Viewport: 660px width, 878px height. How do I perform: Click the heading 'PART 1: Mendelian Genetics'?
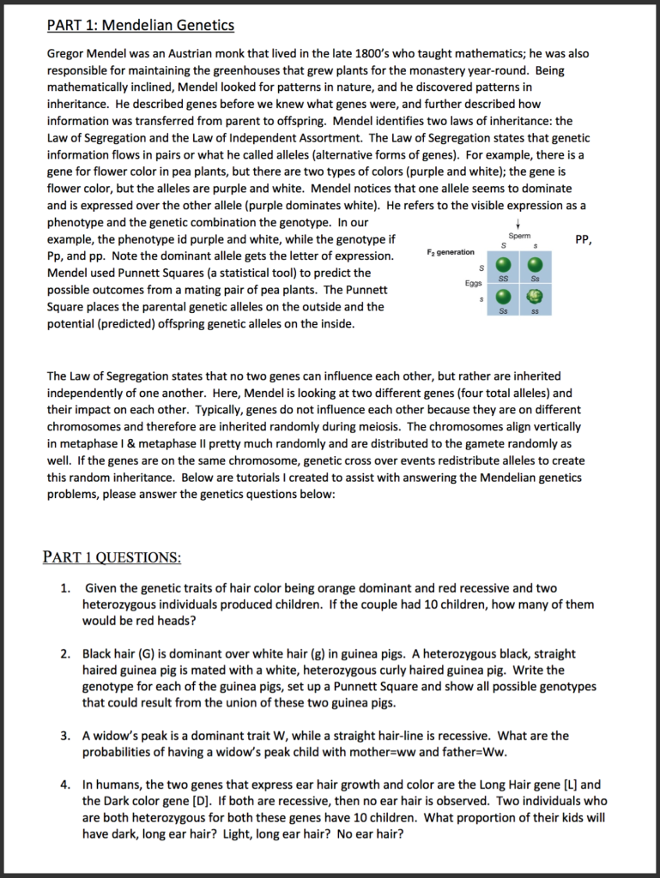tap(140, 25)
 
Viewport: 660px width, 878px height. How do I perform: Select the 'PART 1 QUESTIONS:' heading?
tap(112, 557)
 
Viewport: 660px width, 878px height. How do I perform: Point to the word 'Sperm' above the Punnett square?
tap(519, 235)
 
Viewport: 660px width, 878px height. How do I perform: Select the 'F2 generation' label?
tap(450, 252)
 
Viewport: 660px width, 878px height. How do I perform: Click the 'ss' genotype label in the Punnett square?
tap(534, 311)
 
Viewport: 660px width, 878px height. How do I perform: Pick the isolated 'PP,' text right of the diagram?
tap(583, 240)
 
